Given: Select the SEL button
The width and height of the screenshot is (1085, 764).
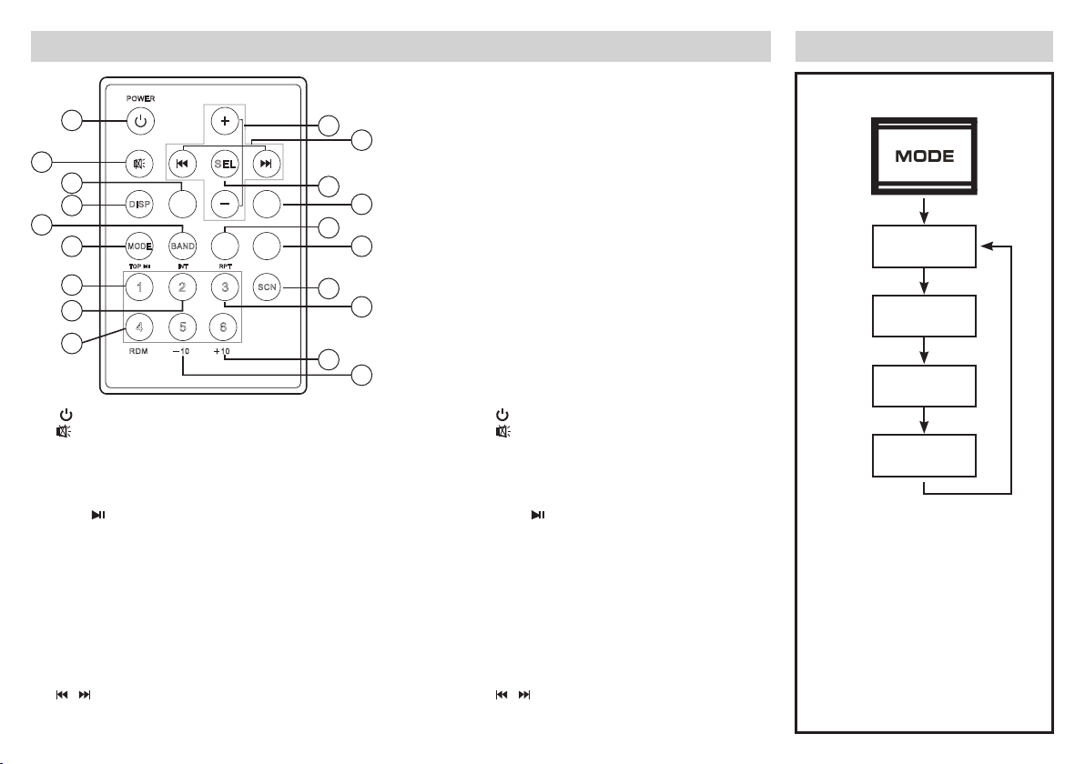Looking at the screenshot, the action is (x=224, y=165).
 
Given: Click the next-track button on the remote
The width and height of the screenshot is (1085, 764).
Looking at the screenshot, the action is (x=266, y=165).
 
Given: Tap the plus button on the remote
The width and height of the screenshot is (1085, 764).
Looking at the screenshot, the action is (x=225, y=121).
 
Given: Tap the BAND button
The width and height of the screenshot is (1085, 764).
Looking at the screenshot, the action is (x=182, y=246).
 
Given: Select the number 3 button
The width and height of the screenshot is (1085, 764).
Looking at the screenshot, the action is (x=225, y=287).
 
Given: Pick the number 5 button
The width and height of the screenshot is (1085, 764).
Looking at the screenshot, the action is (x=182, y=327).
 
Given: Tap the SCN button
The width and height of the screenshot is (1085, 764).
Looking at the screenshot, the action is (x=267, y=287).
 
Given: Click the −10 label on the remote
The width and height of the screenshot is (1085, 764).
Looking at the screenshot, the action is (x=182, y=353).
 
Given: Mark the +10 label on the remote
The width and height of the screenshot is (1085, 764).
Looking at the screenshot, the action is (x=224, y=353).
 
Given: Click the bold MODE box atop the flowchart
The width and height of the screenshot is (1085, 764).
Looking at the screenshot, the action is (x=924, y=156).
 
